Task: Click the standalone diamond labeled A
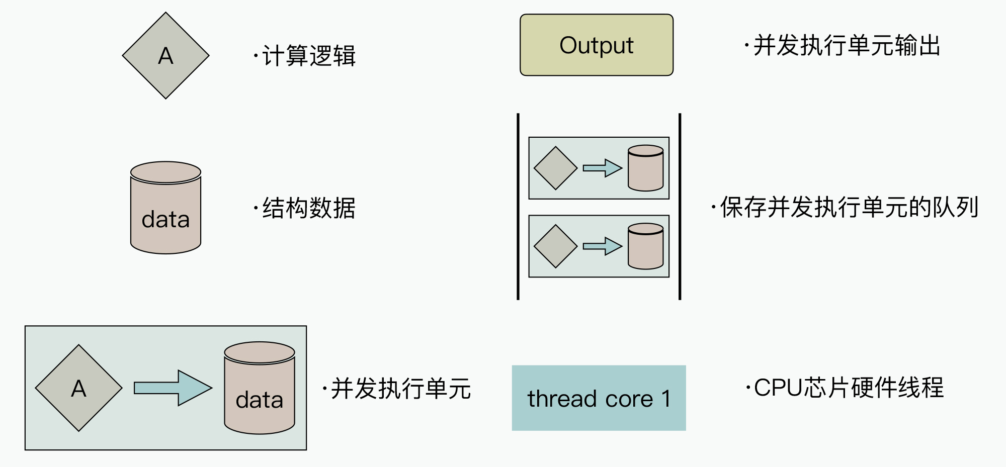point(165,56)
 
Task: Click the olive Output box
point(597,45)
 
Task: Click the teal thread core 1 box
point(599,398)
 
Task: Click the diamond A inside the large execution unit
point(79,388)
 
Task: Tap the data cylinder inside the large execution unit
point(260,388)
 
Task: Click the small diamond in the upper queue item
point(555,168)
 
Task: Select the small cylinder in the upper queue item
point(646,168)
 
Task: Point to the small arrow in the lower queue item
point(603,246)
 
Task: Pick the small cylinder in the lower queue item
point(646,246)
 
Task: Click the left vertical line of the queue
point(518,207)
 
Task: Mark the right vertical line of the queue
point(680,207)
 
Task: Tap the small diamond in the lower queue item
point(555,246)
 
